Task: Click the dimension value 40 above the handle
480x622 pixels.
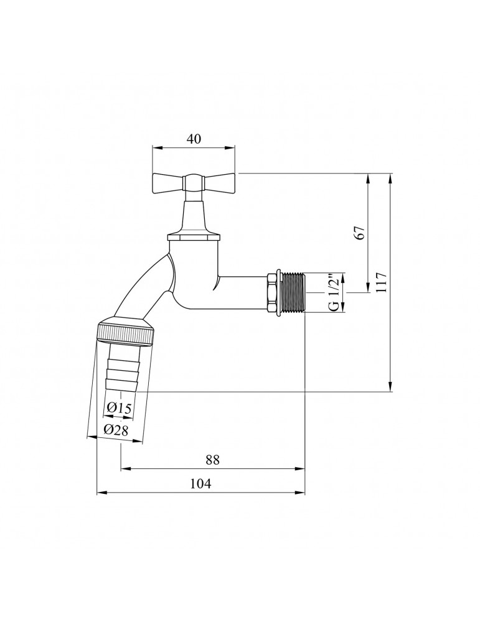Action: [x=194, y=139]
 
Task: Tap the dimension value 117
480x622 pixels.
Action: [x=381, y=284]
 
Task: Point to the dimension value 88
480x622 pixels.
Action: [x=212, y=460]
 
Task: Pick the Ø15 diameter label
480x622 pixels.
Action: [x=118, y=408]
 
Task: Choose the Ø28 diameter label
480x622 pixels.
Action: [x=116, y=429]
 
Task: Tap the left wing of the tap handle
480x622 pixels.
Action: [x=166, y=182]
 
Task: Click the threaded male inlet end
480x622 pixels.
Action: [x=293, y=291]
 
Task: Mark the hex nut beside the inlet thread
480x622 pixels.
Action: [x=272, y=291]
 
